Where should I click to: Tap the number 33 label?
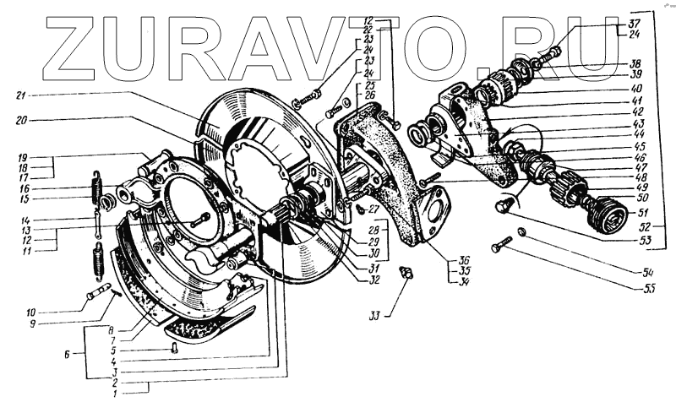(x=374, y=316)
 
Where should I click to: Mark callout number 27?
(x=374, y=208)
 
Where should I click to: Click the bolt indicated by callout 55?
(x=501, y=246)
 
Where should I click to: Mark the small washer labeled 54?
(x=523, y=231)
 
